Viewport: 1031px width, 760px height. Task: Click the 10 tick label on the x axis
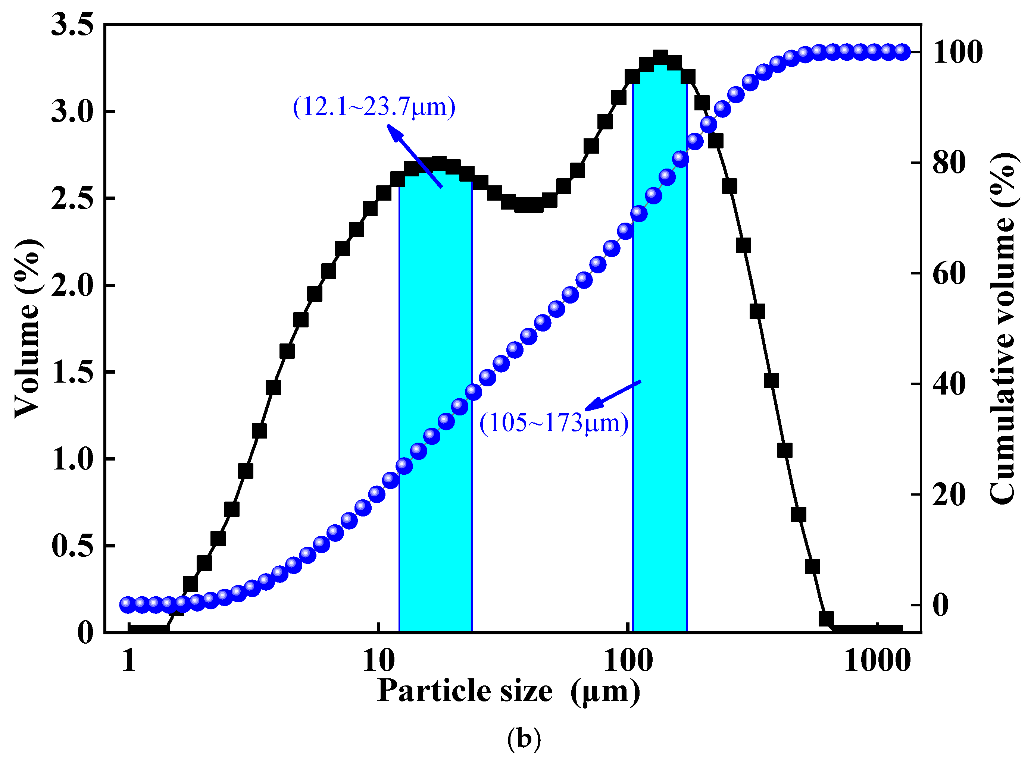pos(378,661)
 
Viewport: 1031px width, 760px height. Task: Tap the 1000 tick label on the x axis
pos(877,661)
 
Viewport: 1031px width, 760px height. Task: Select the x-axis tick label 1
pos(129,661)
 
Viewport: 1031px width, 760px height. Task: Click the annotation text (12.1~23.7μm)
pos(374,107)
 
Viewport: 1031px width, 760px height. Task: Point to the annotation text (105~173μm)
pos(554,422)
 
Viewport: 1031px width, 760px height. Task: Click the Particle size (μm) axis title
pos(509,691)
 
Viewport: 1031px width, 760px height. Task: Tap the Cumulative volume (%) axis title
pos(1003,329)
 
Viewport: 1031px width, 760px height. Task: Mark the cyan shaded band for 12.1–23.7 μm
pos(435,414)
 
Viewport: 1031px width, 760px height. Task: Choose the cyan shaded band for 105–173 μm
pos(660,368)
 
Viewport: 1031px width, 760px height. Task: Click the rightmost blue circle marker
pos(902,52)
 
